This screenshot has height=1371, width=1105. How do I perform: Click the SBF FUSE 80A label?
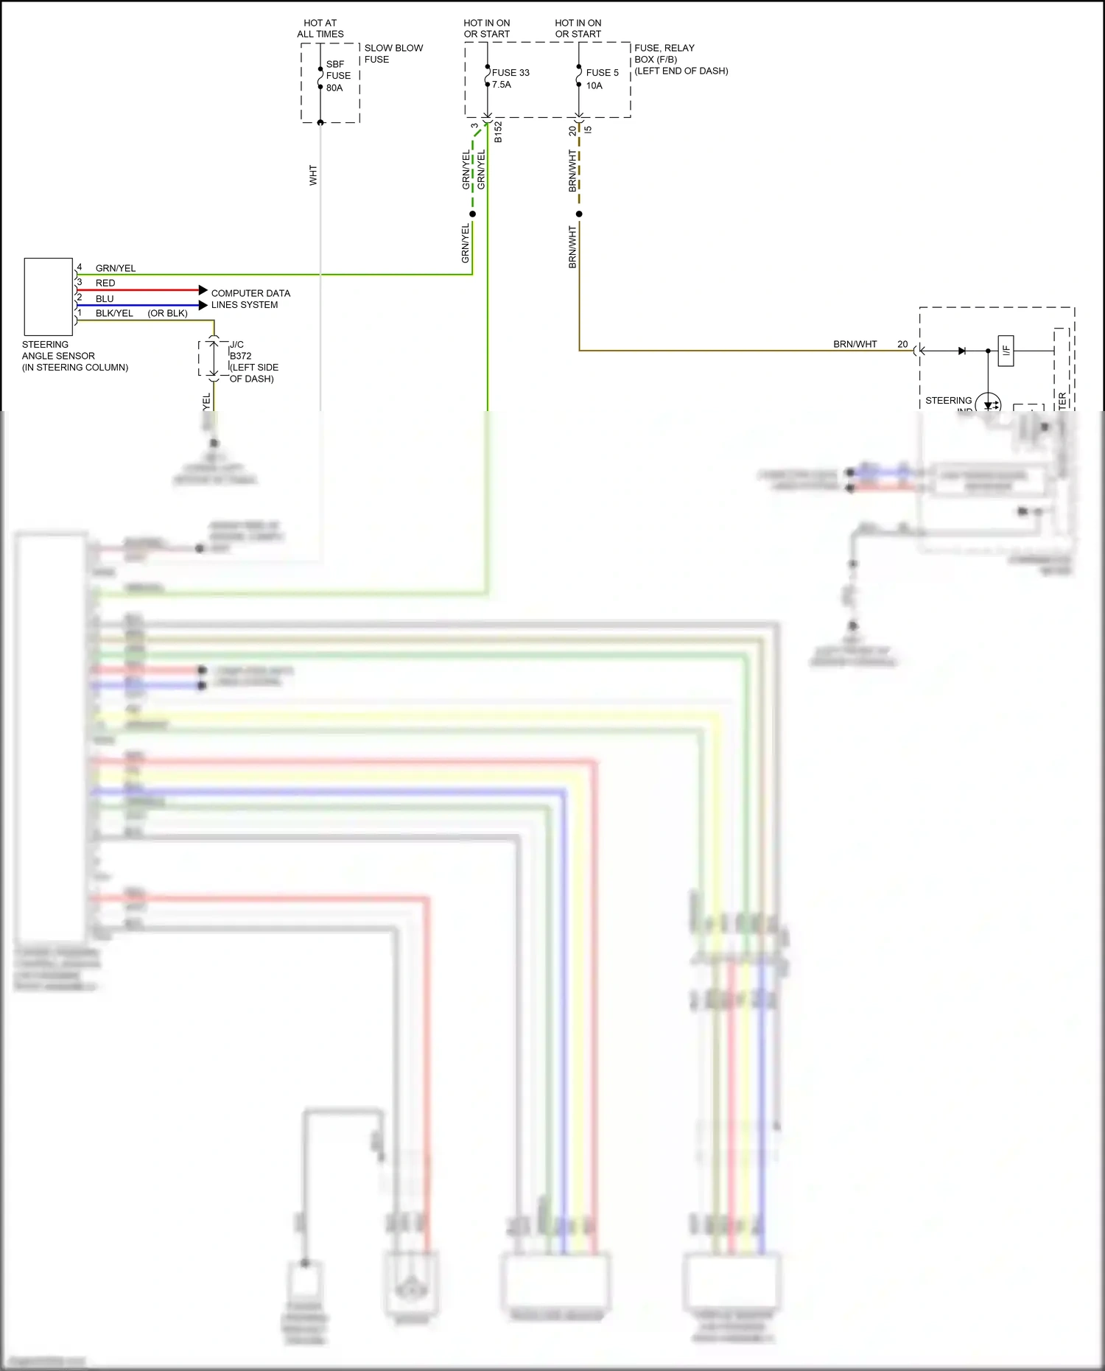click(337, 76)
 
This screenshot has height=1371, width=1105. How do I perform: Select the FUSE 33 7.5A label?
click(510, 78)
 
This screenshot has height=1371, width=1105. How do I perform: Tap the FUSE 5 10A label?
click(601, 78)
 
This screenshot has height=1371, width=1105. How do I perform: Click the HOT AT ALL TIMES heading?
click(320, 28)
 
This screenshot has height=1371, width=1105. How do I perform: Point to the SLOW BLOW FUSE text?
click(393, 53)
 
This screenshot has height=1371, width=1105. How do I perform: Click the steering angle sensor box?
click(49, 296)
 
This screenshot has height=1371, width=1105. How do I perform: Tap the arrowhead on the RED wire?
click(203, 290)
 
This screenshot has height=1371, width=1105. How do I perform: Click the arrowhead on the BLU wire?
click(203, 305)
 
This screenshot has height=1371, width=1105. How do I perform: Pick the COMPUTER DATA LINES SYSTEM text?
click(250, 298)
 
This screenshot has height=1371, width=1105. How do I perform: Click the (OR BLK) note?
click(167, 313)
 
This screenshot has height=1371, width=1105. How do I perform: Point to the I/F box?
click(1006, 351)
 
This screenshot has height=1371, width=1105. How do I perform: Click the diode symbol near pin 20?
click(961, 351)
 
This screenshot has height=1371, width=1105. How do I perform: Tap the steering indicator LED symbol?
click(988, 404)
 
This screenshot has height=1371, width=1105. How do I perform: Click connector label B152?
click(498, 131)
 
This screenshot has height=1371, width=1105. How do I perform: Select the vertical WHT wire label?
click(313, 175)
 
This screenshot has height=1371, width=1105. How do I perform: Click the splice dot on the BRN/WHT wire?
click(579, 214)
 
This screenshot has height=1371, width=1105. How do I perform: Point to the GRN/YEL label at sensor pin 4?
click(115, 268)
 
